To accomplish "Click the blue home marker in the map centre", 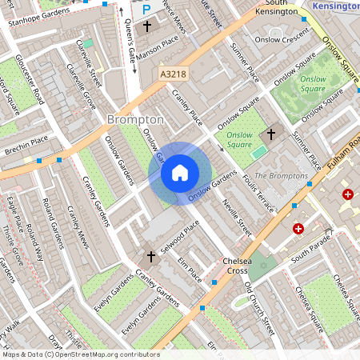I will coord(180,173).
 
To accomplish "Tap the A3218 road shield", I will coord(172,74).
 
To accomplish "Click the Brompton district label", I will coord(135,119).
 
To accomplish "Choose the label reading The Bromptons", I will coord(281,175).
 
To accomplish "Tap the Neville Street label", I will coord(237,218).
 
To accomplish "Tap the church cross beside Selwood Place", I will coord(150,256).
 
